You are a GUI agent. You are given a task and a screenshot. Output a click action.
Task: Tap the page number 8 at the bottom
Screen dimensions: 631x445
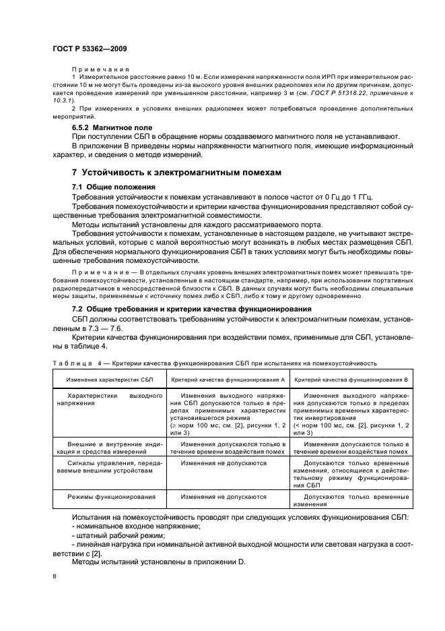55,576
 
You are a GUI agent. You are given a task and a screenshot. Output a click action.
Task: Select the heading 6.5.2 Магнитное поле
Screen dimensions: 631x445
112,127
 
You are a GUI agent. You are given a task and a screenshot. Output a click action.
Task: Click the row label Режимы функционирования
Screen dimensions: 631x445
112,496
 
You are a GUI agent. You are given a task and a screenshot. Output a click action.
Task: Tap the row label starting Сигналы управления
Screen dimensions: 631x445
115,467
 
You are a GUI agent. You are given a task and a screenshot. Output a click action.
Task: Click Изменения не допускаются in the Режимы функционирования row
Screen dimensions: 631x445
224,496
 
